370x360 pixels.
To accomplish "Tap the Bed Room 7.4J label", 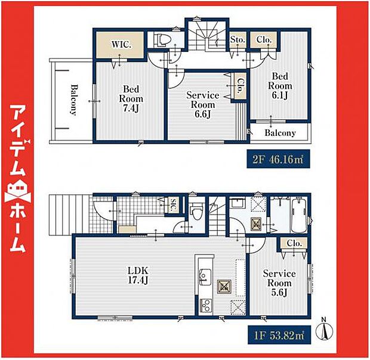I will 131,98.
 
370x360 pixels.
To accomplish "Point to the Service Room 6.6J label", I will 203,104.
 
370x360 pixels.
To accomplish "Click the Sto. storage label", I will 238,40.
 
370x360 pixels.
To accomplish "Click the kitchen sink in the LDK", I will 205,275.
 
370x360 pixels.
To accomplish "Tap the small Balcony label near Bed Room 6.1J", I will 280,133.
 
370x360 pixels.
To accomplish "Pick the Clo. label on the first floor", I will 293,243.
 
